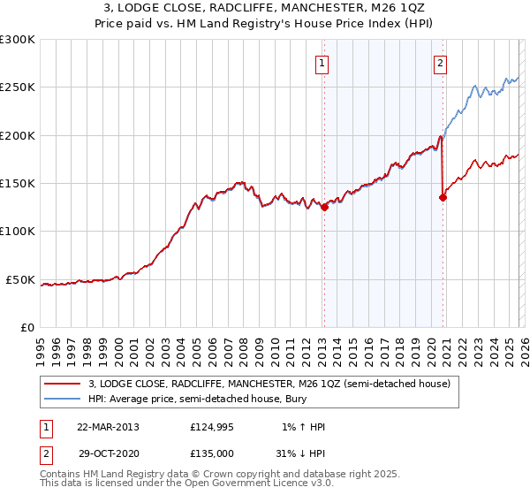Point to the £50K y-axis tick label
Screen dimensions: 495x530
coord(19,279)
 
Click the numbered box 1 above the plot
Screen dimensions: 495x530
coord(322,63)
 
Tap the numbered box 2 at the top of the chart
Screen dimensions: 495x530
coord(440,63)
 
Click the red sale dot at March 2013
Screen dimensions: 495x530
coord(324,208)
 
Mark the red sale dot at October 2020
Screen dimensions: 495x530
coord(443,198)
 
